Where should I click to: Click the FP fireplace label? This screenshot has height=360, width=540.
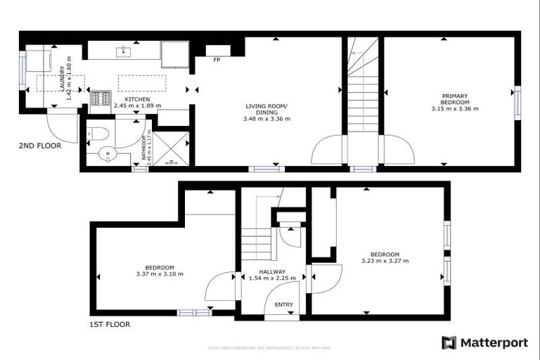click(x=217, y=59)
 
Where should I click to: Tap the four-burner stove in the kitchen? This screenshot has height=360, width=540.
click(x=101, y=98)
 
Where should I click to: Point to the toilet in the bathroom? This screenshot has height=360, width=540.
click(x=98, y=133)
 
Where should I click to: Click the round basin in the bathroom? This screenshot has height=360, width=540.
click(x=107, y=155)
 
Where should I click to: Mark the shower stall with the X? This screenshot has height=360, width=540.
click(x=171, y=148)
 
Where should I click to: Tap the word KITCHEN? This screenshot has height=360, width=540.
click(x=137, y=100)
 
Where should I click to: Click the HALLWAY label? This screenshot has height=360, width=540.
click(x=272, y=271)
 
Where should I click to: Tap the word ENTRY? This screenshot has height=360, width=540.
click(x=283, y=304)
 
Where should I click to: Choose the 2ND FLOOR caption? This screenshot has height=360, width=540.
click(x=40, y=146)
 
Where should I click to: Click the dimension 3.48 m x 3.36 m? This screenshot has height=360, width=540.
click(x=266, y=119)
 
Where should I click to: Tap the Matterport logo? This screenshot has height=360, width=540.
click(x=484, y=342)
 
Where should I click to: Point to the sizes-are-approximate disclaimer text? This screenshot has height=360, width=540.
click(x=270, y=348)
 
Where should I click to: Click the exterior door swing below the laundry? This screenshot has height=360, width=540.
click(x=61, y=127)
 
